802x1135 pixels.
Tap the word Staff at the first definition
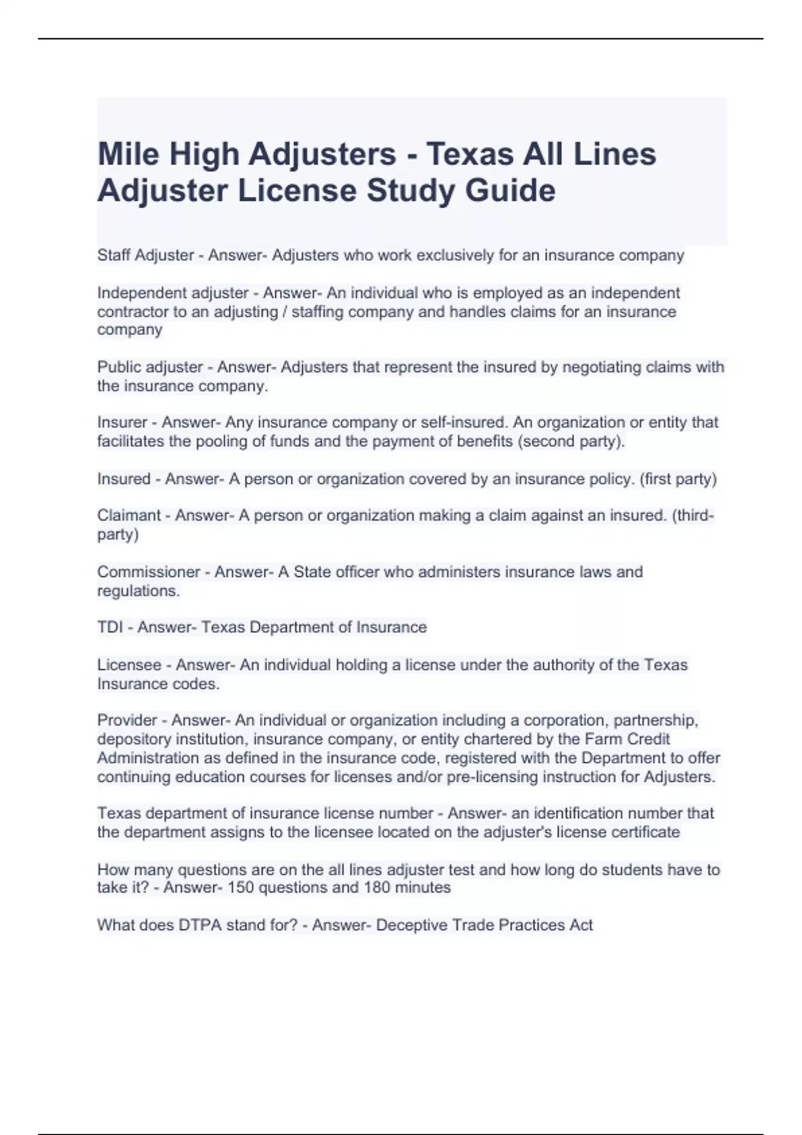pos(114,255)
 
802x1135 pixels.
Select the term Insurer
pos(122,423)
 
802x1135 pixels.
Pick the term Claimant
pos(129,515)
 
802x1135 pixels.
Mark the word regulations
pos(138,591)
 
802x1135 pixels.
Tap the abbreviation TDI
pos(110,628)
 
